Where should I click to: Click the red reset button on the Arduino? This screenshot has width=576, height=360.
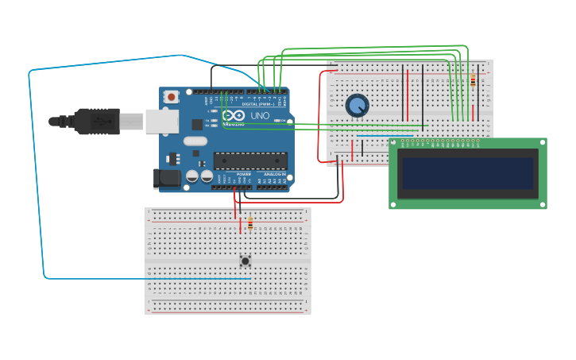tap(171, 97)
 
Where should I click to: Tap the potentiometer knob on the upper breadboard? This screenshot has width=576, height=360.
tap(358, 105)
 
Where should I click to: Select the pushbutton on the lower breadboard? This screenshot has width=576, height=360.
tap(245, 261)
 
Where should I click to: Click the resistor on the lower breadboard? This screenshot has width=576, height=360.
tap(251, 223)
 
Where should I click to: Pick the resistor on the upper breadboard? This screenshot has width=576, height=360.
tap(474, 80)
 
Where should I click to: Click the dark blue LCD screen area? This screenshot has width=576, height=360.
tap(468, 173)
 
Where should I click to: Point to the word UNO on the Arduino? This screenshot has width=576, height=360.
tap(261, 116)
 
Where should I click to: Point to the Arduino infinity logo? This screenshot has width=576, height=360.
tap(234, 116)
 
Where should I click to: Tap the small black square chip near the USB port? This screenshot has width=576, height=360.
tap(197, 124)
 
